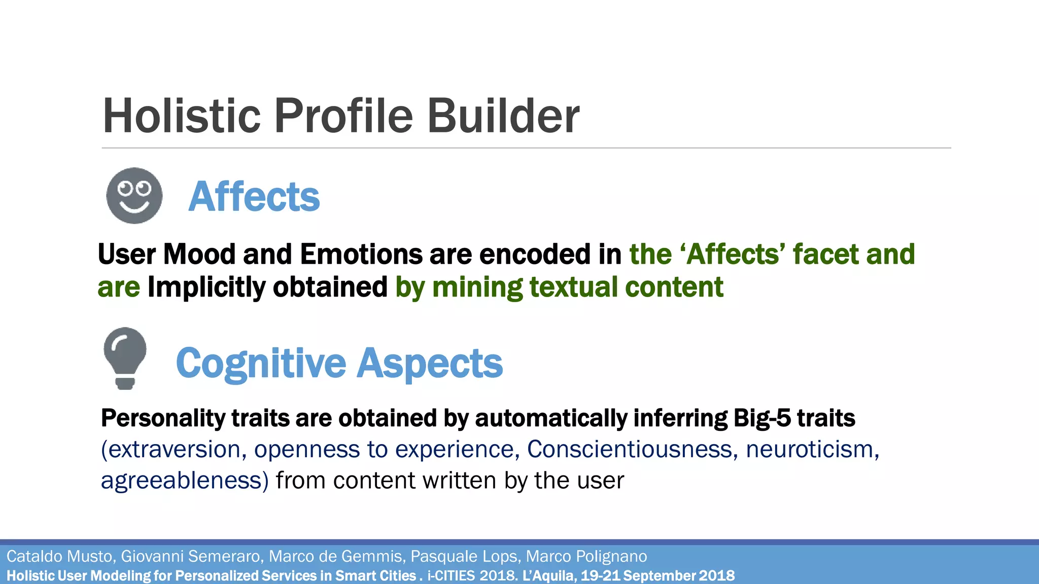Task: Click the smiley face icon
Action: pyautogui.click(x=134, y=196)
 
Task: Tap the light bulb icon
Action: pyautogui.click(x=125, y=358)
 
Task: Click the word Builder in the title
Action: pyautogui.click(x=503, y=116)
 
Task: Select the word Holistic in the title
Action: pyautogui.click(x=182, y=116)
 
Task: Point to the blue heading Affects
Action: pyautogui.click(x=254, y=197)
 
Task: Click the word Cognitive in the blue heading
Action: pyautogui.click(x=261, y=363)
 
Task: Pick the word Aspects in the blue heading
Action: pyautogui.click(x=430, y=363)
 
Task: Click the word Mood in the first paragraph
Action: pyautogui.click(x=199, y=254)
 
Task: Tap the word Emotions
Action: pyautogui.click(x=361, y=254)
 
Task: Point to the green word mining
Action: pyautogui.click(x=477, y=287)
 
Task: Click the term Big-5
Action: pyautogui.click(x=761, y=418)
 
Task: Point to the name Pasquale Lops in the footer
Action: pyautogui.click(x=464, y=556)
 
